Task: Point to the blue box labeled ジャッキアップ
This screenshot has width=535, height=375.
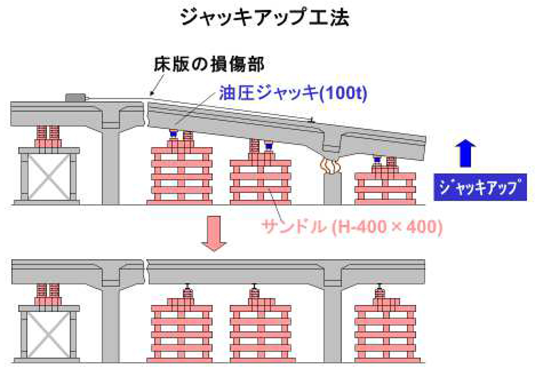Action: (477, 187)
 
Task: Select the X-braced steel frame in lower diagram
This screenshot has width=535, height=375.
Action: (50, 335)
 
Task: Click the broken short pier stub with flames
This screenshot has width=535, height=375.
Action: (333, 190)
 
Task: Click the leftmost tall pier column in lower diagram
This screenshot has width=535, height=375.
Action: (110, 321)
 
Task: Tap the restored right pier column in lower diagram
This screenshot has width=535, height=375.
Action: (333, 321)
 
